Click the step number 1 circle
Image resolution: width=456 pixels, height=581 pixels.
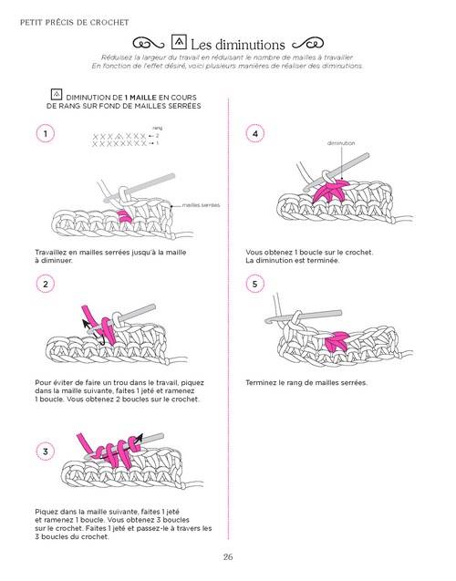(x=45, y=134)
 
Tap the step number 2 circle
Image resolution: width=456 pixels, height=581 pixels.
(x=45, y=286)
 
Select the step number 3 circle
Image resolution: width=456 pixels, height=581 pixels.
(x=45, y=450)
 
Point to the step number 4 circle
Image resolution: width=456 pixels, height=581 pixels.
(x=254, y=134)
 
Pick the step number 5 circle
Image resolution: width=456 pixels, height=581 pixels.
(x=254, y=286)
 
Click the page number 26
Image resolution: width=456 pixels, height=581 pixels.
(x=228, y=558)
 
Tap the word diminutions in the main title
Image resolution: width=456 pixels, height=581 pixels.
(x=250, y=43)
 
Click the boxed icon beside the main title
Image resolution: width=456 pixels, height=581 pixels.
(x=179, y=42)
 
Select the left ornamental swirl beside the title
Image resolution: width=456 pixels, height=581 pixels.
(x=149, y=43)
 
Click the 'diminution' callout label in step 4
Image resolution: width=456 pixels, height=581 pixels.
(x=341, y=143)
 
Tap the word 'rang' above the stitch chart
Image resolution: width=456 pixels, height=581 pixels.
(x=157, y=128)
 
